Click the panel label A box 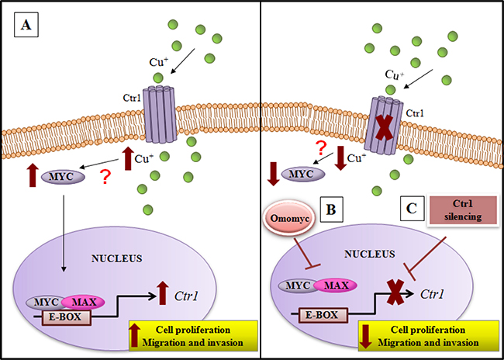26,28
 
